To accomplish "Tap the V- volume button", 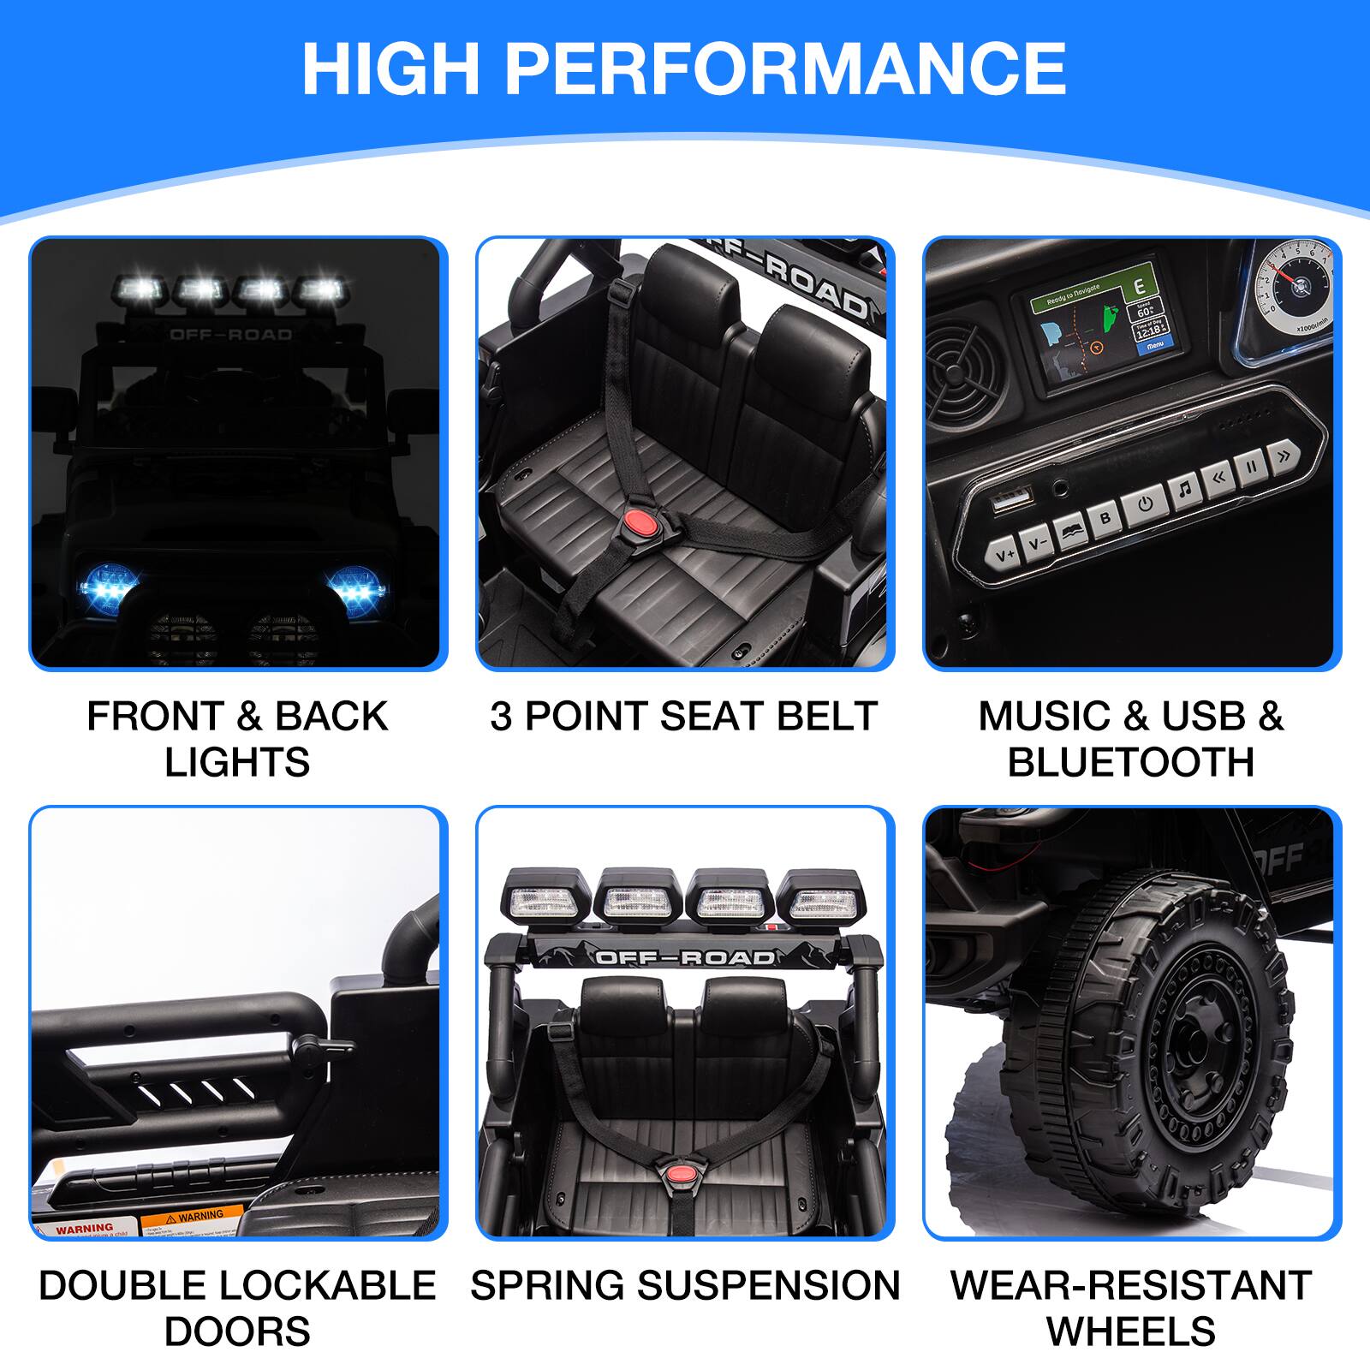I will [1037, 543].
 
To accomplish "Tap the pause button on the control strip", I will [1250, 468].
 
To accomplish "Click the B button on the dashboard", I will [1105, 518].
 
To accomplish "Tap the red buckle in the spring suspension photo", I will [681, 1172].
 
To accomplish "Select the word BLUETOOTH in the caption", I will [1130, 761].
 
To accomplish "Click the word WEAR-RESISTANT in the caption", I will [1130, 1285].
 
